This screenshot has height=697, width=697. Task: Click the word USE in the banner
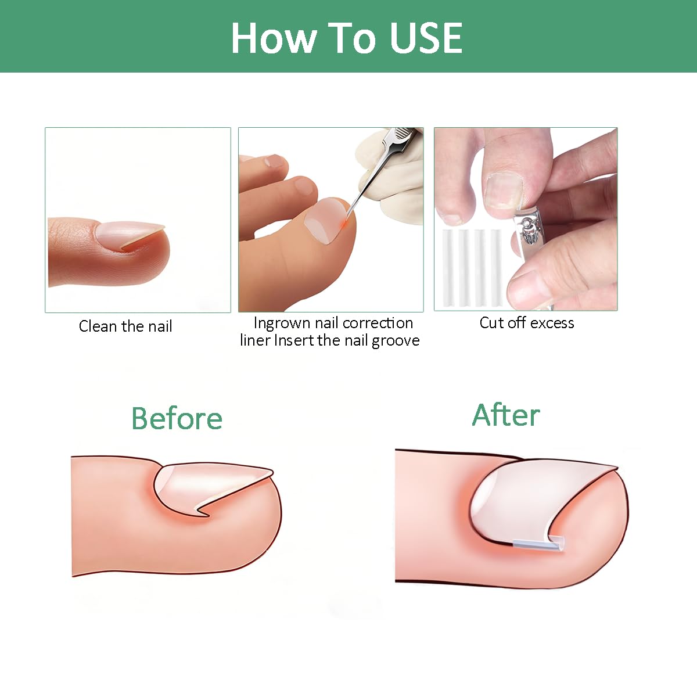[x=426, y=38]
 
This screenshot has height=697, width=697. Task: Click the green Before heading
[x=177, y=418]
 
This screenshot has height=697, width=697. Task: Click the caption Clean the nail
[x=125, y=326]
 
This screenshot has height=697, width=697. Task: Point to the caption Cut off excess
[x=527, y=322]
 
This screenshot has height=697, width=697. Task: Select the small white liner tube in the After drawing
[x=538, y=543]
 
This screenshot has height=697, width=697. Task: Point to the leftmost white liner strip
[x=448, y=268]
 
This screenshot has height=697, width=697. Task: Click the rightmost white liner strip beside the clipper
[x=496, y=268]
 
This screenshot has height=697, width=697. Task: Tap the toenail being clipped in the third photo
[x=504, y=191]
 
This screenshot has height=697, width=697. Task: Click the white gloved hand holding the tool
[x=393, y=166]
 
